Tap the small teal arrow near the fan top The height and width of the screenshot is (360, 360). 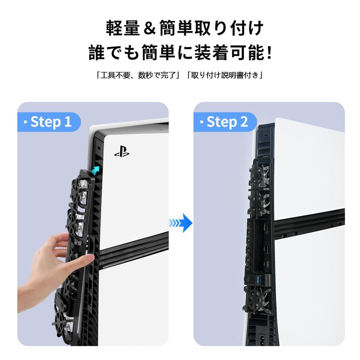pyautogui.click(x=95, y=171)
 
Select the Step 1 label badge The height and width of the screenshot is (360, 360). pyautogui.click(x=49, y=122)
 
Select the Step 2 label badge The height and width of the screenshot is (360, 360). pyautogui.click(x=225, y=122)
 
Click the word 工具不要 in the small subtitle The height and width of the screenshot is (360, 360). pyautogui.click(x=114, y=75)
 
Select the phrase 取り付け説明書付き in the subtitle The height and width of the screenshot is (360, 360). pyautogui.click(x=225, y=75)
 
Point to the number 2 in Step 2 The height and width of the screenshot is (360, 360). pyautogui.click(x=243, y=122)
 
